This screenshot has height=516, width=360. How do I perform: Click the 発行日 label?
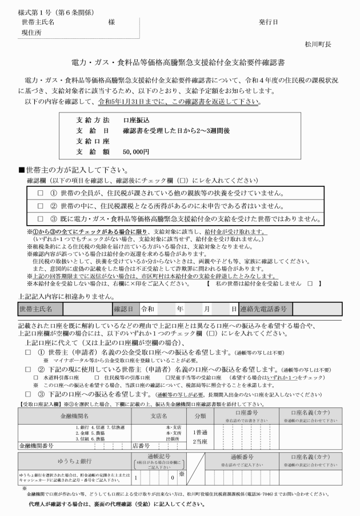pyautogui.click(x=268, y=23)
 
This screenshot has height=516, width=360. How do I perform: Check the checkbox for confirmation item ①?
pyautogui.click(x=41, y=194)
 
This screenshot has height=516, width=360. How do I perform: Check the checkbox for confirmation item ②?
pyautogui.click(x=41, y=206)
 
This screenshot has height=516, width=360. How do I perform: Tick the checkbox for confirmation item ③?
pyautogui.click(x=41, y=218)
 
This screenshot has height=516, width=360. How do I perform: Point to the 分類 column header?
pyautogui.click(x=200, y=416)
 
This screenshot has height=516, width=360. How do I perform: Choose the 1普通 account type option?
pyautogui.click(x=201, y=433)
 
